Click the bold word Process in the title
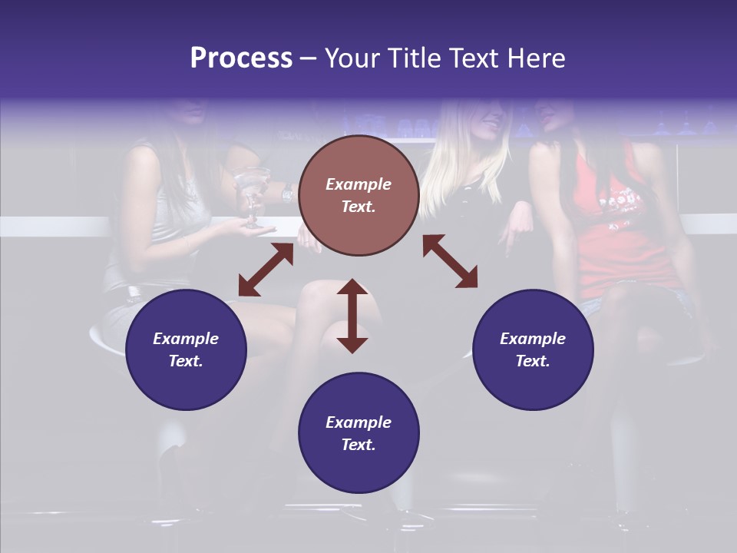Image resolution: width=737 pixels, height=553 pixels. pyautogui.click(x=241, y=58)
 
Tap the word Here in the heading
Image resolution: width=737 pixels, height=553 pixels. pyautogui.click(x=535, y=58)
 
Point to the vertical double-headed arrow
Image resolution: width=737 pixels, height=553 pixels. pyautogui.click(x=352, y=316)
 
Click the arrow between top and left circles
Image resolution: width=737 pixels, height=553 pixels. pyautogui.click(x=266, y=270)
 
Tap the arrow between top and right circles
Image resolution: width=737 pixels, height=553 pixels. pyautogui.click(x=450, y=261)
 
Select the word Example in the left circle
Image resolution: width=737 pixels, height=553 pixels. pyautogui.click(x=186, y=339)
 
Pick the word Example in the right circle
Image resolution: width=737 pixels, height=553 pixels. pyautogui.click(x=533, y=339)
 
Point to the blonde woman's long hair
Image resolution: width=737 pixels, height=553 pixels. pyautogui.click(x=453, y=169)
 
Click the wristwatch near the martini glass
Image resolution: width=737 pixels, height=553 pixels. pyautogui.click(x=287, y=194)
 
